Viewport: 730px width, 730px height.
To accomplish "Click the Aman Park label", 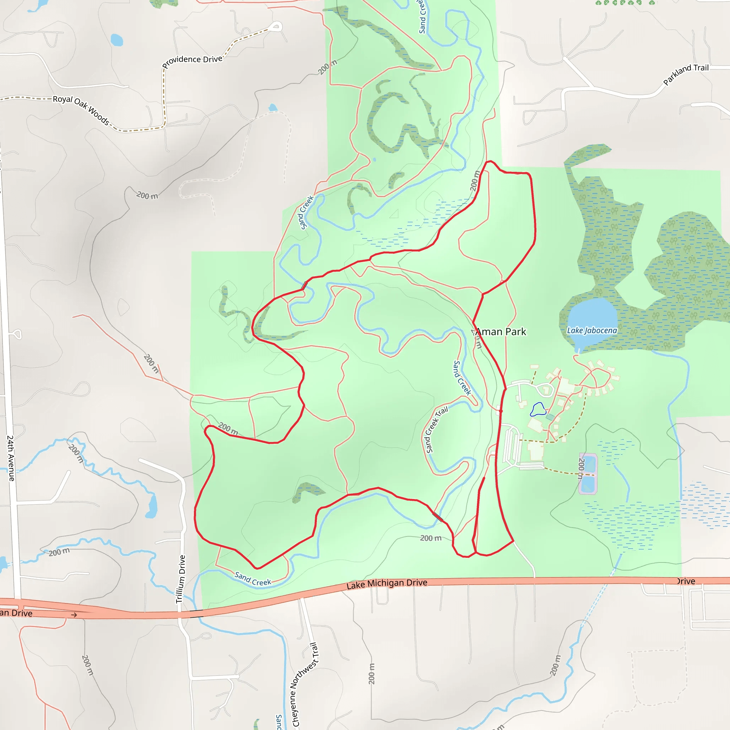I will tap(501, 332).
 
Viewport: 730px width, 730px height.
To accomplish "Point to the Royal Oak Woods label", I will tap(81, 109).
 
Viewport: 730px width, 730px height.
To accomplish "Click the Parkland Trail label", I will tap(686, 74).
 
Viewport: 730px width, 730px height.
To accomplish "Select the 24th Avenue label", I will tap(11, 458).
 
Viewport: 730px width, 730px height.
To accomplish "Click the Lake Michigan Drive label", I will tap(387, 584).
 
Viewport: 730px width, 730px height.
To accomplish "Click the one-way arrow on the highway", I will tap(74, 615).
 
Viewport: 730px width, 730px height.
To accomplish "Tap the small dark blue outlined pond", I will tap(538, 410).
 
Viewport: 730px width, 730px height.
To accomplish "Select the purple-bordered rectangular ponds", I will tap(588, 474).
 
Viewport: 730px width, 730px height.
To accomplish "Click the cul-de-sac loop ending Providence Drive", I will tap(277, 27).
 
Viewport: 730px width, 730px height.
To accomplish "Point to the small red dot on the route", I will tap(501, 411).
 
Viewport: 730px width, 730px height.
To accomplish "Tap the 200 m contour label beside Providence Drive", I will tap(327, 67).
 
